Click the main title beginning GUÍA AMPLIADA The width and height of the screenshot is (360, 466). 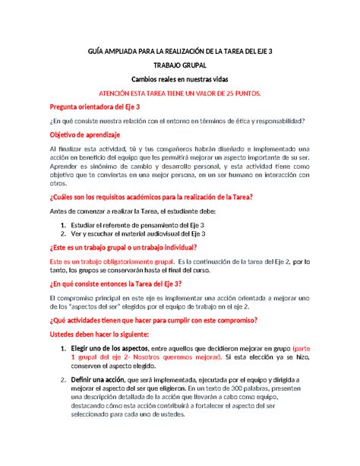[x=179, y=50]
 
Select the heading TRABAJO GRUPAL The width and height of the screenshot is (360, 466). [x=179, y=65]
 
